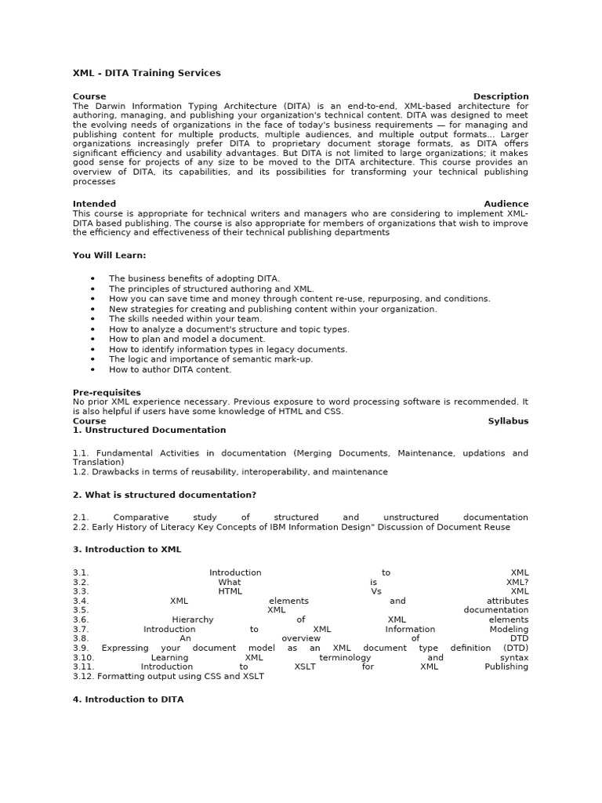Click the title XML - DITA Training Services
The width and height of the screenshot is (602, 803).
pyautogui.click(x=147, y=73)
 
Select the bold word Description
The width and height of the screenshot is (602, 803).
pyautogui.click(x=500, y=96)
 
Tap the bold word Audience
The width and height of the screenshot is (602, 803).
pyautogui.click(x=506, y=204)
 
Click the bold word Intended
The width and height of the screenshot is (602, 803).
pyautogui.click(x=94, y=204)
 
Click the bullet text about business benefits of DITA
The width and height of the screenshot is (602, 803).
pyautogui.click(x=194, y=278)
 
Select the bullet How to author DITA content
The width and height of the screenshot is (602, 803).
pyautogui.click(x=170, y=369)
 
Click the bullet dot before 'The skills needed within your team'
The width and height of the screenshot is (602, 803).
pyautogui.click(x=92, y=319)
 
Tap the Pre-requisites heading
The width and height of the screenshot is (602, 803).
pyautogui.click(x=107, y=392)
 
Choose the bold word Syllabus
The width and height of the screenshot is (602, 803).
pyautogui.click(x=508, y=421)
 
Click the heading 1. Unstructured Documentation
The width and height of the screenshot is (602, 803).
pyautogui.click(x=149, y=430)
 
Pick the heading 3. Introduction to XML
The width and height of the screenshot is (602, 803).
pyautogui.click(x=126, y=550)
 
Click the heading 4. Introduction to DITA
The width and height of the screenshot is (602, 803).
pyautogui.click(x=128, y=699)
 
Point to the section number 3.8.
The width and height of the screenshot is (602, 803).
pyautogui.click(x=81, y=638)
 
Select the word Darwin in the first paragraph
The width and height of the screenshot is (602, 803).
pyautogui.click(x=108, y=106)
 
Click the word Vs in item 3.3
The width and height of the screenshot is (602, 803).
pyautogui.click(x=375, y=591)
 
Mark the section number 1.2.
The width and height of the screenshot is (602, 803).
pyautogui.click(x=81, y=472)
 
